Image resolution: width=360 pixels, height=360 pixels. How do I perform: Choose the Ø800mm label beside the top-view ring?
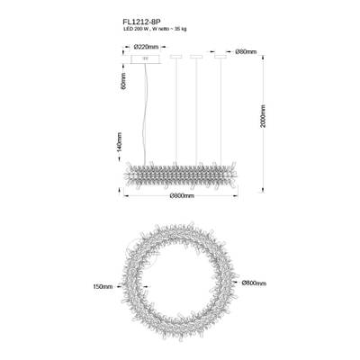pyautogui.click(x=254, y=283)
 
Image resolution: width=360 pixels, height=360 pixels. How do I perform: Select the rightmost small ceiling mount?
pyautogui.click(x=220, y=60)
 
